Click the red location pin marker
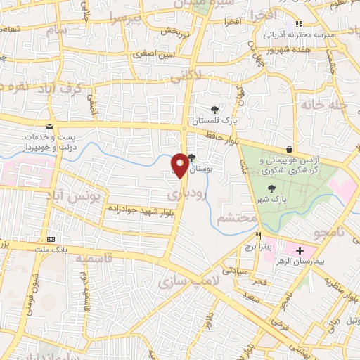pyautogui.click(x=180, y=165)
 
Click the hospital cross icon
pyautogui.click(x=300, y=250)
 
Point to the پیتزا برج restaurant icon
pyautogui.click(x=259, y=236)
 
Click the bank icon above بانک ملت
pyautogui.click(x=51, y=239)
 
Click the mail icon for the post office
pyautogui.click(x=48, y=127)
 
